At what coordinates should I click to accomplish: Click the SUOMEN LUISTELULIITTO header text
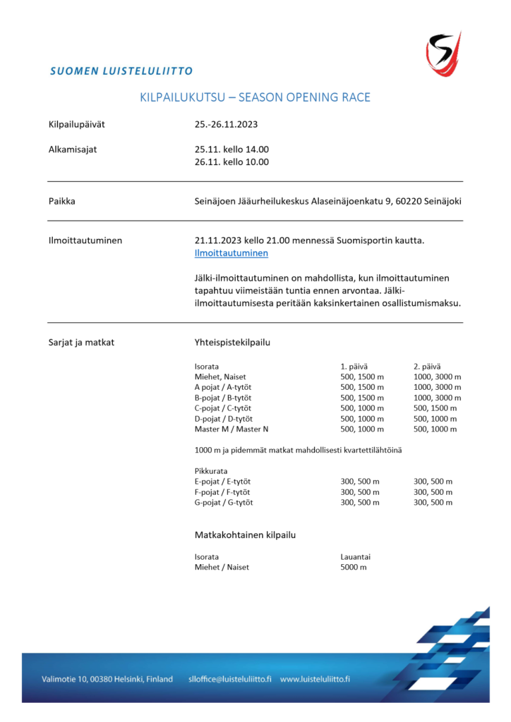(x=121, y=71)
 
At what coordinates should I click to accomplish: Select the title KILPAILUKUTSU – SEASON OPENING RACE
(x=255, y=97)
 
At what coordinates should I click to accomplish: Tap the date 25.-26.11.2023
(x=226, y=125)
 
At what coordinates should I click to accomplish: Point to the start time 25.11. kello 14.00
(x=232, y=149)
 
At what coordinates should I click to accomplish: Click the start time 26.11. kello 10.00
(x=232, y=161)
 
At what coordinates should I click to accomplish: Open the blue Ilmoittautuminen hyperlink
(x=231, y=253)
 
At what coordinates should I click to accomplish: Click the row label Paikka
(x=62, y=201)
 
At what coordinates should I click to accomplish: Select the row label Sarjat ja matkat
(x=81, y=343)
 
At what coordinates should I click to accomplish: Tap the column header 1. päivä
(x=354, y=366)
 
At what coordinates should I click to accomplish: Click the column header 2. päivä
(x=427, y=366)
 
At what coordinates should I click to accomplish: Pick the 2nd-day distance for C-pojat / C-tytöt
(x=435, y=408)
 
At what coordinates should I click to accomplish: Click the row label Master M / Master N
(x=232, y=429)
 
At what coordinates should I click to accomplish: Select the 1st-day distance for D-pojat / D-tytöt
(x=362, y=419)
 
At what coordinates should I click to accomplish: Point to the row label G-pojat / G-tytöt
(x=224, y=503)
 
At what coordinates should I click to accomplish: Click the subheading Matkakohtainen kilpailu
(x=245, y=535)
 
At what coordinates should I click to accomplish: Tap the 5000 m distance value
(x=354, y=567)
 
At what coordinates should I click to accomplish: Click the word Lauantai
(x=357, y=556)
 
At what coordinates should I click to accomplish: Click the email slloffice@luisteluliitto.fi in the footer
(x=229, y=679)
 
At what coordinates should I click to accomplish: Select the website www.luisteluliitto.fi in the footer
(x=315, y=679)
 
